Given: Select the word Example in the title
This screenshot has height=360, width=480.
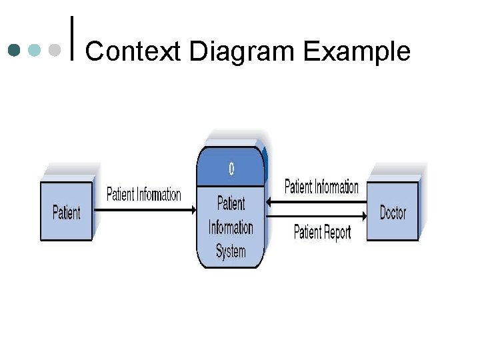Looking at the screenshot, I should point(357,51).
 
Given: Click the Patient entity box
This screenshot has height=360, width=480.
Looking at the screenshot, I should point(66,212).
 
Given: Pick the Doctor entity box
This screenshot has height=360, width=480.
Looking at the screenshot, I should point(393,212).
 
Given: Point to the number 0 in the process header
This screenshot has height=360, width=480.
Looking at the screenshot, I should point(231,169).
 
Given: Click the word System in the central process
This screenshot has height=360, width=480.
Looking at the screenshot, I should point(231,252).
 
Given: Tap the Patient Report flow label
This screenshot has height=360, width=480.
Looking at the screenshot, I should point(322,232).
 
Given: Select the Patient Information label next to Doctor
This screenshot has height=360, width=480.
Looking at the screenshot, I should point(321,187).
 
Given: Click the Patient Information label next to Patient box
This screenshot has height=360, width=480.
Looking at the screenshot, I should point(143,195).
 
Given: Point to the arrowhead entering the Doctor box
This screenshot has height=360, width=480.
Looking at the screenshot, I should point(364,215).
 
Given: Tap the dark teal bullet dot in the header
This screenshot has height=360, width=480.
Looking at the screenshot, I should point(13,50).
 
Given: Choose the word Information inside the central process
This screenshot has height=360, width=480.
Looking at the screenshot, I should point(231,227).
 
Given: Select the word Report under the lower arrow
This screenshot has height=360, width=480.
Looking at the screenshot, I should point(337,232).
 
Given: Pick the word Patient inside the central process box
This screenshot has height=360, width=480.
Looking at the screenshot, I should point(231,203).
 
